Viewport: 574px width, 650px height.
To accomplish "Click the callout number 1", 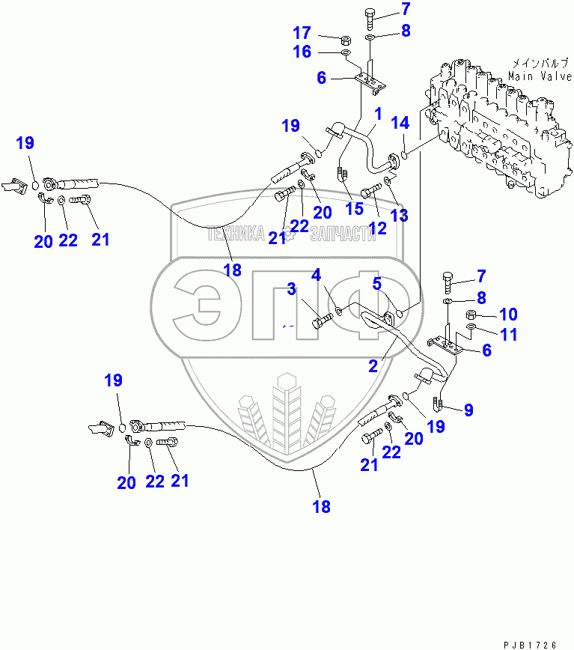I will pos(378,114).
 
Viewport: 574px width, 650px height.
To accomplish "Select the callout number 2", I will pos(372,366).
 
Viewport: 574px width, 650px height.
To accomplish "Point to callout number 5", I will pos(377,283).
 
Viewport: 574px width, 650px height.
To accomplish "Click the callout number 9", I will pos(468,410).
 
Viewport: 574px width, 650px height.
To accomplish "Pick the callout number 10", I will pos(509,314).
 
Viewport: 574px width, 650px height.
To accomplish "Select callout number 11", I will pos(509,335).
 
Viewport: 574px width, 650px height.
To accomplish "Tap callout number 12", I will pos(377,228).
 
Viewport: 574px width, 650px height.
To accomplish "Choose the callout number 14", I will pos(401,122).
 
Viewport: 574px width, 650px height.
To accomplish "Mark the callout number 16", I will pos(302,52).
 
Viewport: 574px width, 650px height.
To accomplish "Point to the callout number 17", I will pos(302,33).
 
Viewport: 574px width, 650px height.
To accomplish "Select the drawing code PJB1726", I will pos(531,643).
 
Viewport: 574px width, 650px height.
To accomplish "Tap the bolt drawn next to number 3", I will pos(320,323).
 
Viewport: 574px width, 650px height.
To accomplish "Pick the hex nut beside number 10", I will pos(472,315).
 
